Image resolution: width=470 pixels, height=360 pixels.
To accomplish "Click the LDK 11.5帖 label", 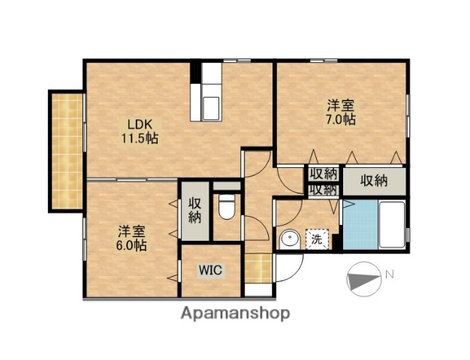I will (x=140, y=131).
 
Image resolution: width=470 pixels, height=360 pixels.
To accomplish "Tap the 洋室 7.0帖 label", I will (x=340, y=112).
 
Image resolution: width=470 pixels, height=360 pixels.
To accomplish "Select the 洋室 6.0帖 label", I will (x=131, y=238).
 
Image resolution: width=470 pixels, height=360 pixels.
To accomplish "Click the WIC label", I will (x=209, y=270).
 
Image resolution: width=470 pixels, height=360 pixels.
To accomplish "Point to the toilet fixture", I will (x=226, y=207).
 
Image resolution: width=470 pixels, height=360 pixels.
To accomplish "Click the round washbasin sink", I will (x=288, y=240).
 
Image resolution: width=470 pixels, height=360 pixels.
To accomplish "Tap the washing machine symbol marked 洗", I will (x=316, y=239).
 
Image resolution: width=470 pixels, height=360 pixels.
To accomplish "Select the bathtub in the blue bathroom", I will (x=390, y=225).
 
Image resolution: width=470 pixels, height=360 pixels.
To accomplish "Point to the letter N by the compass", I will (x=389, y=274).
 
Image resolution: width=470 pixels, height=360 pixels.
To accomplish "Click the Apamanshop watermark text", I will (x=234, y=313).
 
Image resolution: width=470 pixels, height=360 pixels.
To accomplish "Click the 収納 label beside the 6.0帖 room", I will (x=194, y=209).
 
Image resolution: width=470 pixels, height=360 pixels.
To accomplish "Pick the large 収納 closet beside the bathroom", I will (x=372, y=180).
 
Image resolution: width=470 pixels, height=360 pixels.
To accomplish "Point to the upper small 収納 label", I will (x=323, y=174).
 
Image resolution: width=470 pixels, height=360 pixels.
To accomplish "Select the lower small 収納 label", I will (x=323, y=190).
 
